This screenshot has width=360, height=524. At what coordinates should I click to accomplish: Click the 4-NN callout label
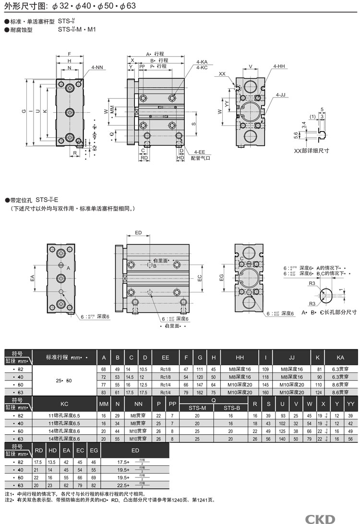[97, 68]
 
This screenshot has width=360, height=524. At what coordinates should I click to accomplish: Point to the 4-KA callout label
[202, 62]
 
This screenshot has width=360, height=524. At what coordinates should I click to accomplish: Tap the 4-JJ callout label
[281, 95]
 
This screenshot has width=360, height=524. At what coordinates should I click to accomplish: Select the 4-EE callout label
[200, 152]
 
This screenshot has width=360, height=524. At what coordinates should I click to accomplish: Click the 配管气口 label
[201, 157]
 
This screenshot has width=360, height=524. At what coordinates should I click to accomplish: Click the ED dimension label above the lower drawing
[138, 233]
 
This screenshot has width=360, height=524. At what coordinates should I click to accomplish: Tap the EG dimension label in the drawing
[222, 278]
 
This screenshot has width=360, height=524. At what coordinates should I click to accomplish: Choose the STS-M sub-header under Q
[197, 408]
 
